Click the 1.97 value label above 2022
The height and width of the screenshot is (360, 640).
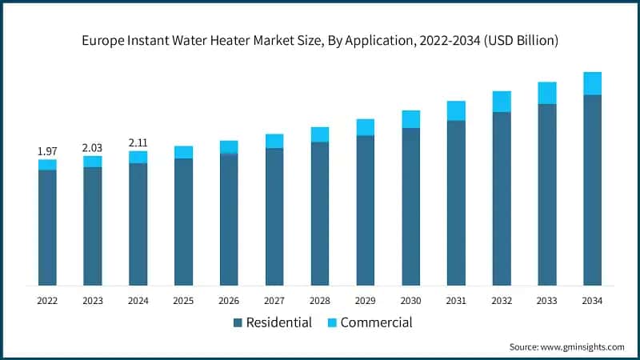[x=47, y=151]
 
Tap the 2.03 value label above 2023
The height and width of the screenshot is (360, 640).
[x=93, y=147]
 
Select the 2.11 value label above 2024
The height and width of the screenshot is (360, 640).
[x=138, y=142]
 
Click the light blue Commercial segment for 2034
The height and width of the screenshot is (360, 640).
[x=592, y=83]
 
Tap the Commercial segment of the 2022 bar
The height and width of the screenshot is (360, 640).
[x=47, y=165]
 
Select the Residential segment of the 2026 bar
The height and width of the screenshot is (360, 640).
[x=229, y=219]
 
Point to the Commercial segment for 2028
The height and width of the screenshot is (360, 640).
[x=320, y=134]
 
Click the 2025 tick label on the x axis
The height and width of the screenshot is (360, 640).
[x=183, y=301]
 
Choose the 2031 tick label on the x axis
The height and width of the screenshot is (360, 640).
[x=456, y=301]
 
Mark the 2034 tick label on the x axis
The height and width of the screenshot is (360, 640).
[x=592, y=301]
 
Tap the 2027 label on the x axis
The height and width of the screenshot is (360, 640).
[x=274, y=301]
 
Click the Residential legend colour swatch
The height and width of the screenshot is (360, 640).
[x=238, y=323]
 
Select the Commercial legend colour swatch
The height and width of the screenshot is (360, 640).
[x=332, y=323]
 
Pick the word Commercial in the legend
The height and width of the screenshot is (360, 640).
[x=376, y=323]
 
